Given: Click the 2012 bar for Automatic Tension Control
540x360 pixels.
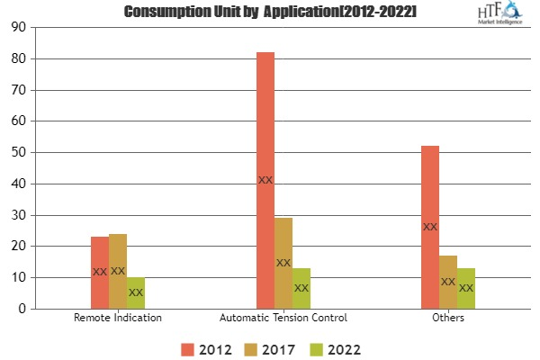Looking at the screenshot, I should click(265, 180).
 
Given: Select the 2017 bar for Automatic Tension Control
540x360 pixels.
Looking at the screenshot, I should click(283, 263).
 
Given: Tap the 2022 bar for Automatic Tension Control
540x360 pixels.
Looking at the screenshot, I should click(301, 288).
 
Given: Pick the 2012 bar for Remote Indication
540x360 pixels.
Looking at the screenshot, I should click(100, 272).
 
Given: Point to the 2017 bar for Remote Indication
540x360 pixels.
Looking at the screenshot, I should click(118, 271).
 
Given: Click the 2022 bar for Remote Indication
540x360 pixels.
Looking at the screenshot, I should click(136, 292).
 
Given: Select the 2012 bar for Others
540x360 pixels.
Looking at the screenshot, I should click(430, 227).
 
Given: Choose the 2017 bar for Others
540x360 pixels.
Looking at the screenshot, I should click(448, 282).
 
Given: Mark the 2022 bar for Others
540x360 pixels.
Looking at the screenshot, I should click(466, 288).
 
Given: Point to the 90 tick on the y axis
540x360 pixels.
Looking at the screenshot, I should click(19, 27).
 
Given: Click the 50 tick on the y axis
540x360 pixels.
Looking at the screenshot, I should click(19, 152).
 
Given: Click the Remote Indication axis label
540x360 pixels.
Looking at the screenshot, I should click(118, 318).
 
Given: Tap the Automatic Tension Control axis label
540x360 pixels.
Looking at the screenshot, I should click(283, 318).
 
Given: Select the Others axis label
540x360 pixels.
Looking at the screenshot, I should click(448, 318).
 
